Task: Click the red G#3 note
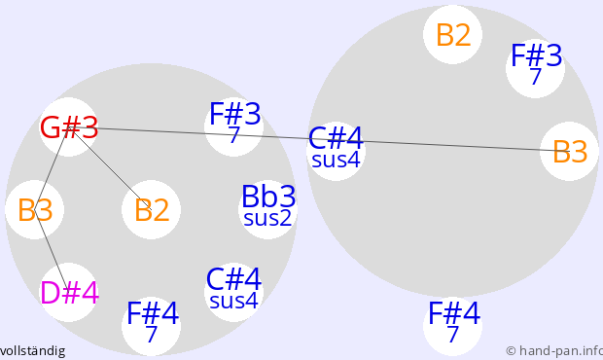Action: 69,127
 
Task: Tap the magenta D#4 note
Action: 69,293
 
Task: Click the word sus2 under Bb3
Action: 267,218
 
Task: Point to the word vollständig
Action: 33,351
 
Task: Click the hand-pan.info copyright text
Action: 554,351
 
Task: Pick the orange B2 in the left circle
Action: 152,210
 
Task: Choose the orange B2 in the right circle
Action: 453,35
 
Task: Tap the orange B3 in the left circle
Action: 35,210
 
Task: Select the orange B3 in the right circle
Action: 570,152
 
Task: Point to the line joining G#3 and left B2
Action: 110,168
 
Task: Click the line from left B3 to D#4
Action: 52,251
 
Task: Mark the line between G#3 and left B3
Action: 52,168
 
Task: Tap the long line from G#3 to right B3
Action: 320,139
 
